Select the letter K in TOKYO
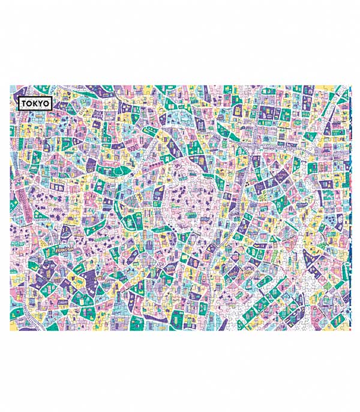(35, 103)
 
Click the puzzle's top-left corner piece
(14, 88)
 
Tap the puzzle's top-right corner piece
(347, 88)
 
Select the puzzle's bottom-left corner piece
(14, 328)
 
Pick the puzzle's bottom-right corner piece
(347, 328)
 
